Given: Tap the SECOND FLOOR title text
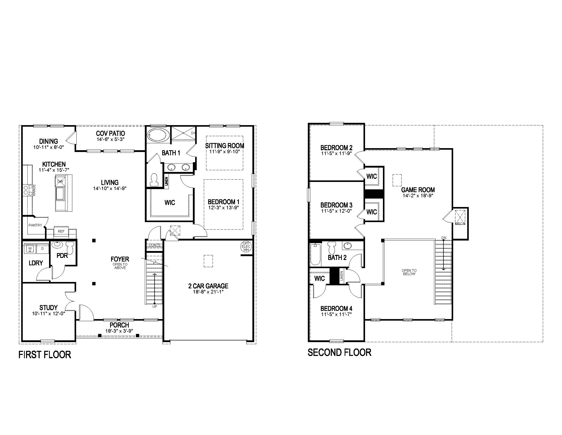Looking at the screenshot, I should (339, 352).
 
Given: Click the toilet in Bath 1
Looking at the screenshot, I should (154, 180).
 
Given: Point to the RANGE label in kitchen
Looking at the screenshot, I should (34, 190).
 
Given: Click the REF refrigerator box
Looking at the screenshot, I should (61, 231).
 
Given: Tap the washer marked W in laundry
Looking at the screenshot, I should (30, 249).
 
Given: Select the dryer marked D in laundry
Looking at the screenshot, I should (42, 249).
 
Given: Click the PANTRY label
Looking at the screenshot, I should (35, 225).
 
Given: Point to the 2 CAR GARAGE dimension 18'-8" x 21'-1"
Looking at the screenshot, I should (208, 292).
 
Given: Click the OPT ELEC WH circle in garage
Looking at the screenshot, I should (246, 246).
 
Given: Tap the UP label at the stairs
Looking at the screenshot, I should (155, 307).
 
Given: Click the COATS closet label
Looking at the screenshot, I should (155, 245).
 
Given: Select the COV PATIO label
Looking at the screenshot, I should (110, 133).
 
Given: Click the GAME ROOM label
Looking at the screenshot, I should (418, 190).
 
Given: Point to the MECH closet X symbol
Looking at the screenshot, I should (460, 216).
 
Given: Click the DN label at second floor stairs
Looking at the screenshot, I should (444, 238).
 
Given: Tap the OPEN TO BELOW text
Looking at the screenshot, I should (409, 272).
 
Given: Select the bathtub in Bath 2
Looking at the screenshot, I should (315, 255).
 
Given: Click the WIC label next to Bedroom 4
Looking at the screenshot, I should (319, 278).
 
